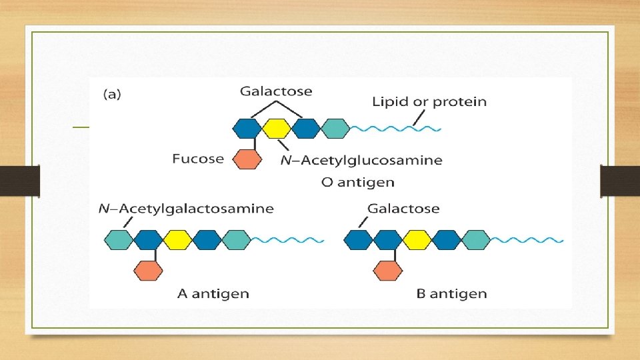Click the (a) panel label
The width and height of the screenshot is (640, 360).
[x=111, y=95]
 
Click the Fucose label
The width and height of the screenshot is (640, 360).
[x=198, y=159]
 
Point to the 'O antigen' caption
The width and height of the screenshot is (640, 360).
[x=357, y=182]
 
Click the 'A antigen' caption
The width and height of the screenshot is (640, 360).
[x=213, y=293]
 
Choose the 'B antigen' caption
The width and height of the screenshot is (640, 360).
[x=452, y=293]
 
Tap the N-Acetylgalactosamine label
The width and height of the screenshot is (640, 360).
[x=186, y=209]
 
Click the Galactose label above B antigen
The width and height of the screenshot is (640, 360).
[x=403, y=209]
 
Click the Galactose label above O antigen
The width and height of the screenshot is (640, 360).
[x=277, y=91]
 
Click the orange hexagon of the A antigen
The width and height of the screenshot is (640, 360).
[x=148, y=270]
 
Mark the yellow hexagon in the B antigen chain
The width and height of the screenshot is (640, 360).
[x=417, y=239]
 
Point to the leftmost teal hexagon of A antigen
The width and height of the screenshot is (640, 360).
[x=119, y=239]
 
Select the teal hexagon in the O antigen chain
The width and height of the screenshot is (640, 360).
[x=335, y=128]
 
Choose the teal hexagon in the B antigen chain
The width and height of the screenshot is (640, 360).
[x=476, y=239]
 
